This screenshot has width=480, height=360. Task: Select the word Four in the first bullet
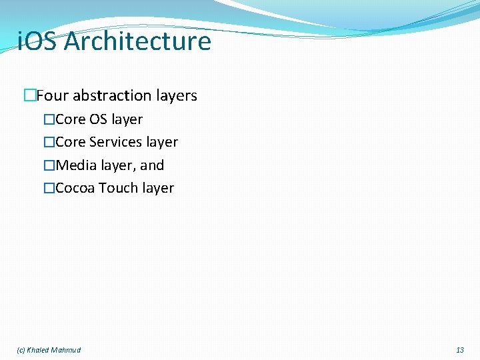[52, 96]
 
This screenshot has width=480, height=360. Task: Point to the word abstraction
[111, 96]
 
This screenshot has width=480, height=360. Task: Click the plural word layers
[175, 96]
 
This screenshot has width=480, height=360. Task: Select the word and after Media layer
[152, 165]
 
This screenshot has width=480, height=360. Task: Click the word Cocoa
[75, 188]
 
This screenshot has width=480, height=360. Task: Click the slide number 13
[460, 350]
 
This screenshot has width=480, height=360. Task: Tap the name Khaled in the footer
[38, 350]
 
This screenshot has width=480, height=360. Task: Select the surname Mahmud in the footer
[66, 350]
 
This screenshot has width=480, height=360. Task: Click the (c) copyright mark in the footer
[21, 350]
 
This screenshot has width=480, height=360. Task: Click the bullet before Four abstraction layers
[29, 96]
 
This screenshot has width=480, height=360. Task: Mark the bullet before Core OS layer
[49, 120]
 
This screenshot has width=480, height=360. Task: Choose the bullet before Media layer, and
[49, 165]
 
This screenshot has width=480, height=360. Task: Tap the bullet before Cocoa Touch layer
[49, 188]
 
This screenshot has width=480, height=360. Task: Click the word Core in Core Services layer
[71, 143]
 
